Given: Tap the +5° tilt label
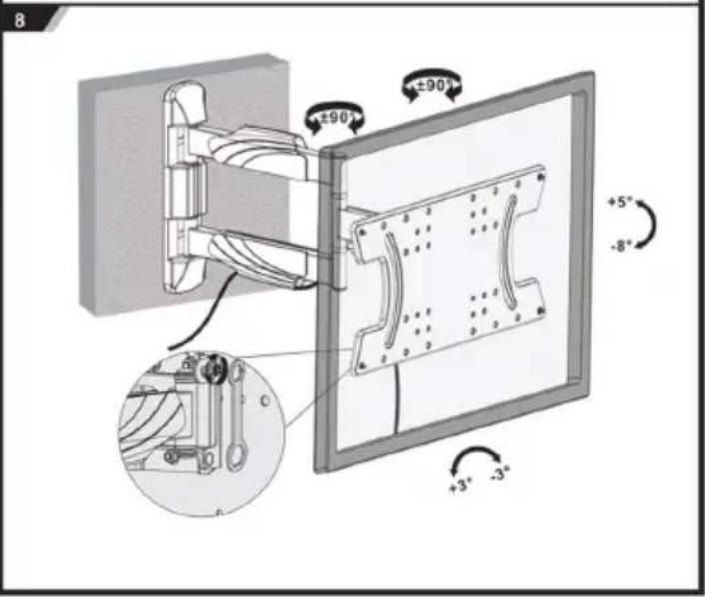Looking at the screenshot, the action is click(620, 202).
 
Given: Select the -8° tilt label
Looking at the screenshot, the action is click(621, 246).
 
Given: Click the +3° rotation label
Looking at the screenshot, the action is click(461, 485).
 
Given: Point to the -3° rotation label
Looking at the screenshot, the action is click(501, 473).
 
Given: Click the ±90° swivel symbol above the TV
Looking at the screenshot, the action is click(432, 85).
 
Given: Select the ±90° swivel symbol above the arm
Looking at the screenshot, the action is click(335, 118).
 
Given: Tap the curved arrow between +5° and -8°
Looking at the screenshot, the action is click(650, 224).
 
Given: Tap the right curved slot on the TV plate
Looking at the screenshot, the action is click(509, 252).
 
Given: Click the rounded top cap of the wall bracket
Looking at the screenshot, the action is click(187, 104).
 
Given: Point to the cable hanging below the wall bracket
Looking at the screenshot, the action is click(203, 314).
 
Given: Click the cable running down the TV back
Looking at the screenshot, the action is click(397, 399).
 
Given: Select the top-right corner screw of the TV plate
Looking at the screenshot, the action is click(541, 177).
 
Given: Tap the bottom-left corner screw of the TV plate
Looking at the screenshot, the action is click(362, 367).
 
